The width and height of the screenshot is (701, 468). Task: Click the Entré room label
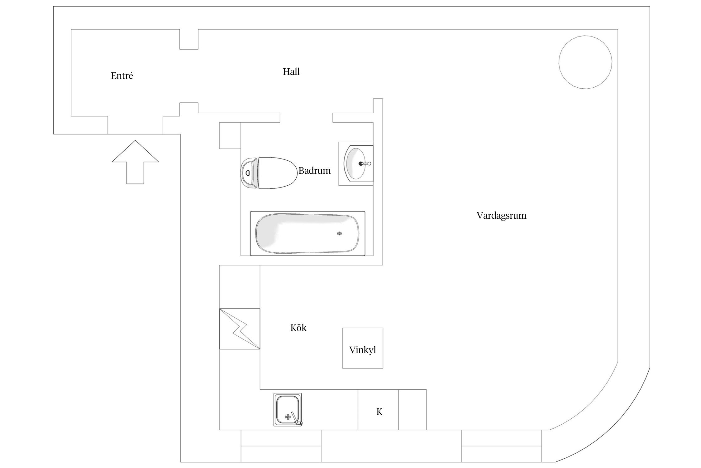(x=122, y=76)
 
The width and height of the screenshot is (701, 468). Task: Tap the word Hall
(x=291, y=72)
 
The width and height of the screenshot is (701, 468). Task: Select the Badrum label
(x=314, y=171)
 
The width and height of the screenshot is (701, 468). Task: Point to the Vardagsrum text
(x=501, y=216)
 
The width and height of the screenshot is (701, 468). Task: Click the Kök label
(x=298, y=328)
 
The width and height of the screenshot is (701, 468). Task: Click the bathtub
(x=307, y=233)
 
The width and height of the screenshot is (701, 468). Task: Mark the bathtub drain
(x=339, y=233)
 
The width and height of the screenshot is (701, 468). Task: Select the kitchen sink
(x=288, y=409)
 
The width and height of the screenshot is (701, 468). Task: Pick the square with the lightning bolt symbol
(x=239, y=329)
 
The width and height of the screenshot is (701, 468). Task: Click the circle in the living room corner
(x=585, y=62)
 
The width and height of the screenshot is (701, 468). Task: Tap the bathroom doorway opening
(x=306, y=118)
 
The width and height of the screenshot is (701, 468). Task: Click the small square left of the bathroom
(x=230, y=135)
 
